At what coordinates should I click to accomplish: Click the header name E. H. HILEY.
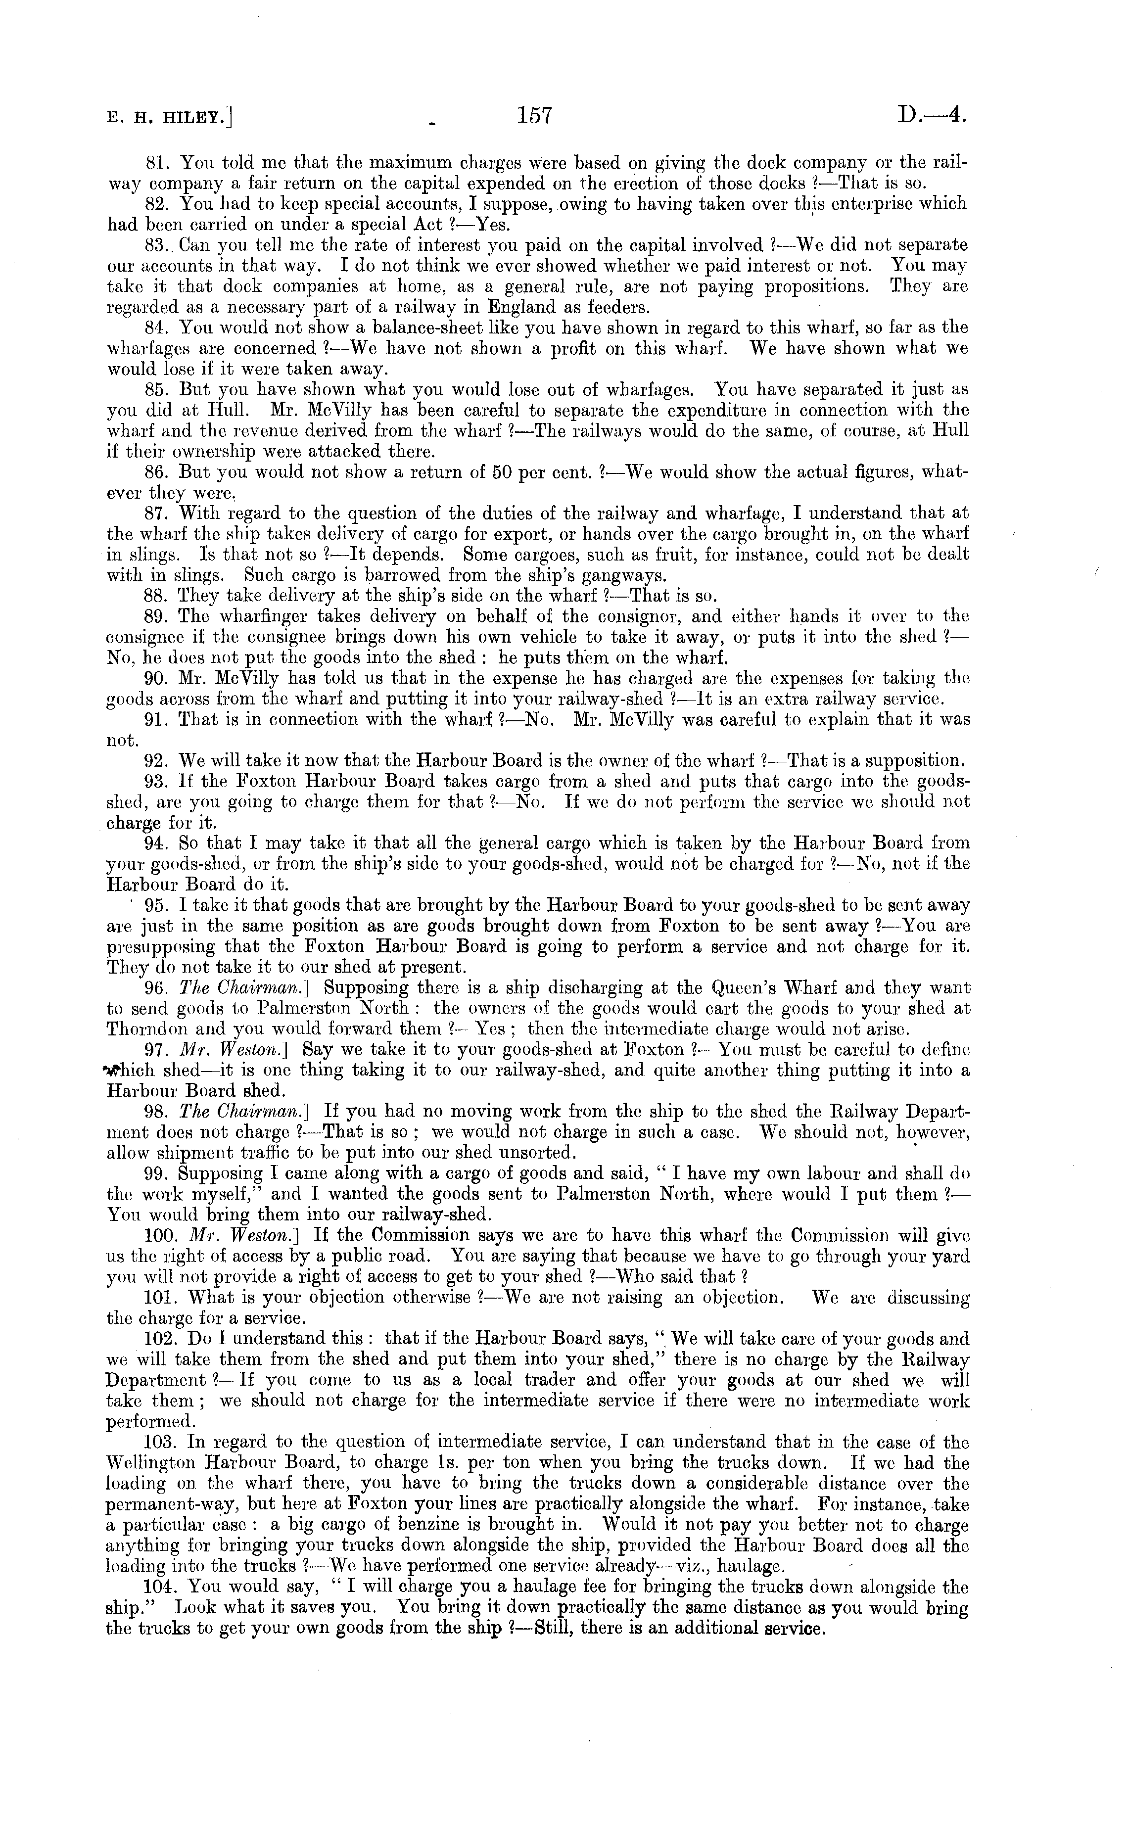[x=169, y=117]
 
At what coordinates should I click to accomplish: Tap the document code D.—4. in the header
[x=933, y=116]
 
